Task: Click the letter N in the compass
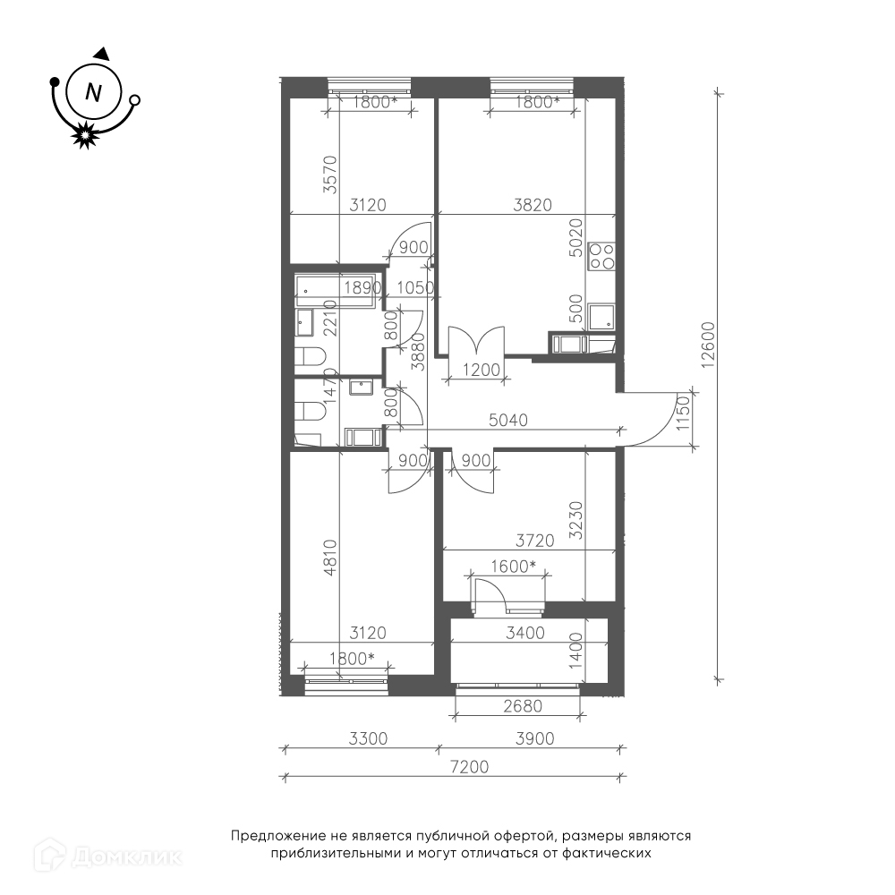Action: (x=93, y=91)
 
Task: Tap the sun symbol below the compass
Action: (x=85, y=135)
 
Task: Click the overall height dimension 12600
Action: (x=708, y=345)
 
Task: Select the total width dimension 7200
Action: (x=469, y=767)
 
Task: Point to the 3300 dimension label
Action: (x=368, y=738)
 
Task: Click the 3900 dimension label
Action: (x=535, y=738)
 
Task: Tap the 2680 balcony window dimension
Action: (x=523, y=707)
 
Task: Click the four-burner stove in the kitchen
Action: (x=601, y=256)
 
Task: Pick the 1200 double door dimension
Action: (x=482, y=370)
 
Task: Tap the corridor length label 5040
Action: (x=508, y=420)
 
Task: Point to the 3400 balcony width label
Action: (x=525, y=633)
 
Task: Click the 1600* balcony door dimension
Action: (x=513, y=567)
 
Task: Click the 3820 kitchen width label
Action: (x=533, y=204)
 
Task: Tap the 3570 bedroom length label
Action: (x=330, y=175)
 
